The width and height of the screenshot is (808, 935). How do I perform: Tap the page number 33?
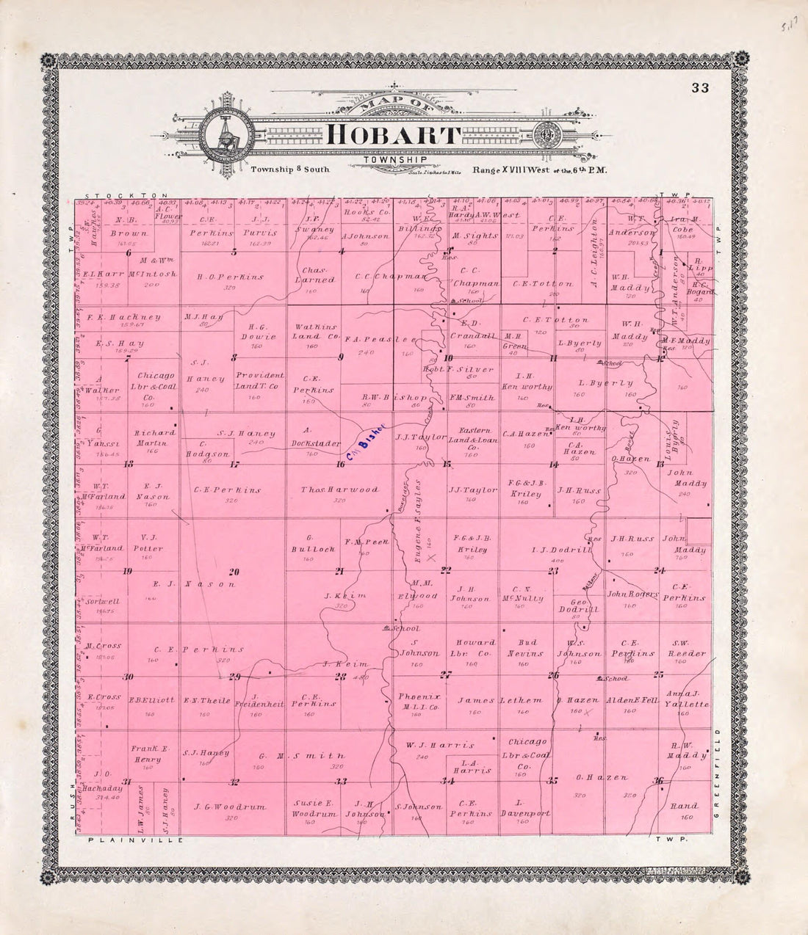pyautogui.click(x=699, y=89)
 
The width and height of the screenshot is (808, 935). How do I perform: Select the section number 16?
pyautogui.click(x=340, y=464)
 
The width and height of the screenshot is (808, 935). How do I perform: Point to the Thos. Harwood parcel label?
pyautogui.click(x=339, y=490)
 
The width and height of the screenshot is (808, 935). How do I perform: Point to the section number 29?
pyautogui.click(x=235, y=676)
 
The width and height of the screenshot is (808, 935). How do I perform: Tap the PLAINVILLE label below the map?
pyautogui.click(x=134, y=840)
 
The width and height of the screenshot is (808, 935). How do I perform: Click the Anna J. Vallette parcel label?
pyautogui.click(x=686, y=699)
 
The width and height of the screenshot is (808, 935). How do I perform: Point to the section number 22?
pyautogui.click(x=446, y=570)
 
